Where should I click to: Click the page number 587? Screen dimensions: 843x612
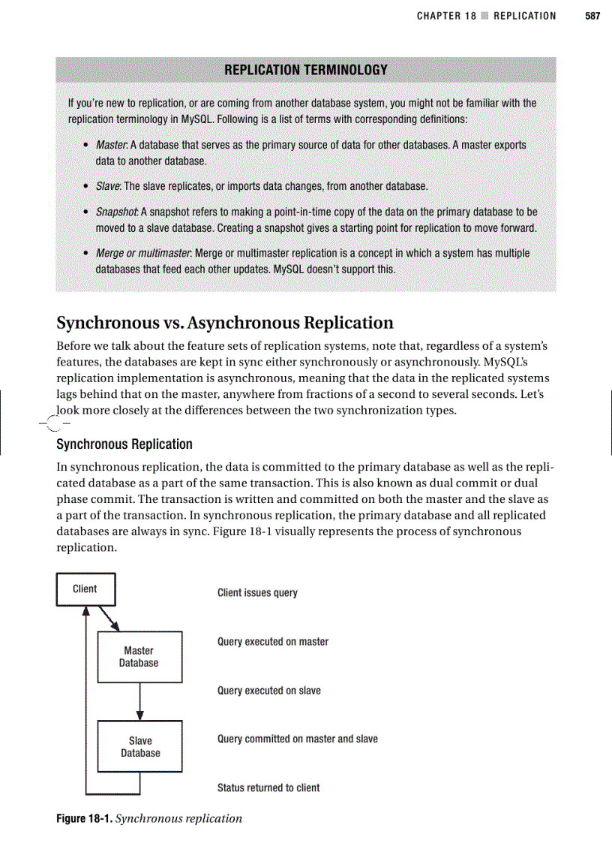pos(592,16)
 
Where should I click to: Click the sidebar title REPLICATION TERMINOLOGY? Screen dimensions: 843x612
pos(306,70)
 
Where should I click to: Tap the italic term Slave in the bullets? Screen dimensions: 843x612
pos(108,185)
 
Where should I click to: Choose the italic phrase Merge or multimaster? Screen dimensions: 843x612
pos(143,253)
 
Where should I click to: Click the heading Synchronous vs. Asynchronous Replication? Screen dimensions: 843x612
pos(225,323)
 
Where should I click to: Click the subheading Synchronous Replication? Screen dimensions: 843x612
pos(124,444)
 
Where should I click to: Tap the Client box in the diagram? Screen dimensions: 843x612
pos(85,589)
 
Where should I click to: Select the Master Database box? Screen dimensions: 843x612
pos(139,657)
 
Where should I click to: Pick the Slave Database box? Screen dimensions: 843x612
pos(140,746)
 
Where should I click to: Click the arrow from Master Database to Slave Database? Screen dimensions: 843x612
pos(139,701)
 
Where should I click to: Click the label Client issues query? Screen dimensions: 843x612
pos(257,593)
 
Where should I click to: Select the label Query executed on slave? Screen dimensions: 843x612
pos(268,691)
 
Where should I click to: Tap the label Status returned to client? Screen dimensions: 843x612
pos(268,787)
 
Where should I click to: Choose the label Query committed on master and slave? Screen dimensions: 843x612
pos(297,739)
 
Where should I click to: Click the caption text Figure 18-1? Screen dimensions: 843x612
pos(85,818)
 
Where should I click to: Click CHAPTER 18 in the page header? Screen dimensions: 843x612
pos(446,16)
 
